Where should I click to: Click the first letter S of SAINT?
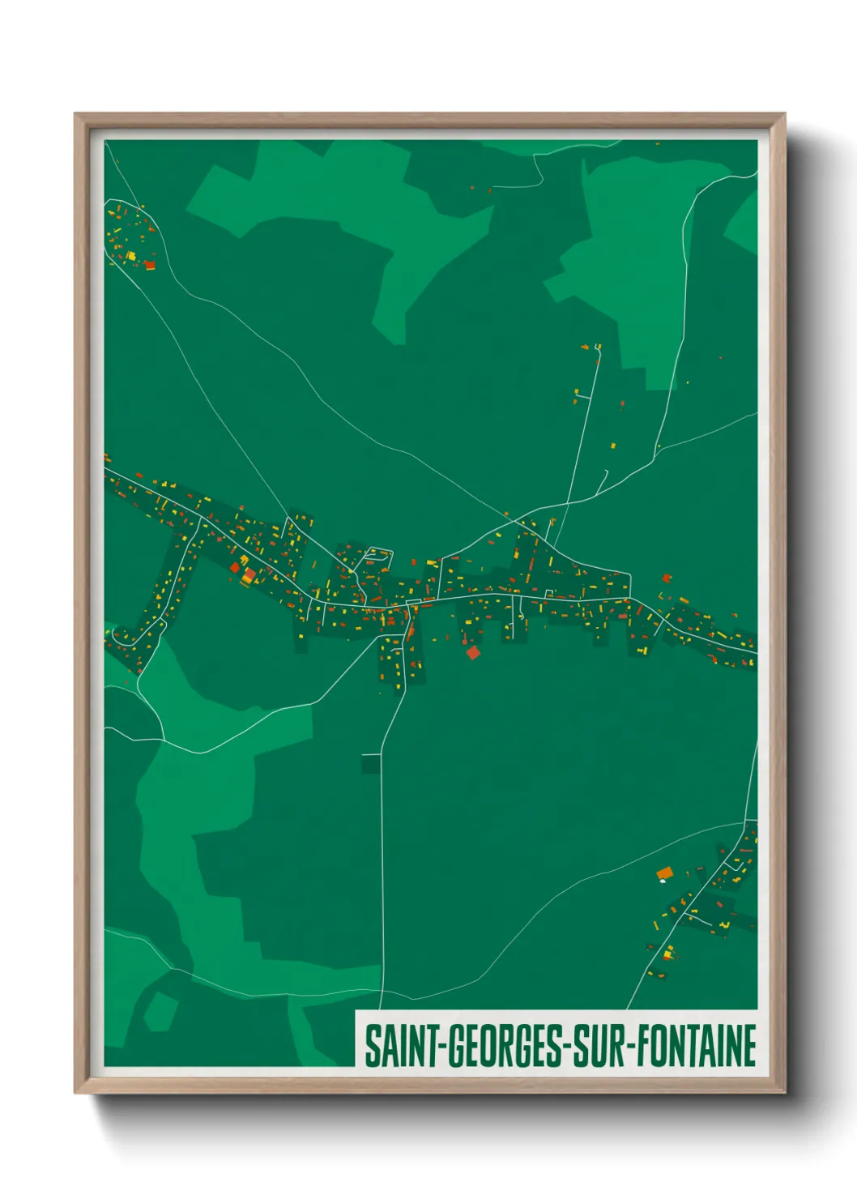(x=372, y=1046)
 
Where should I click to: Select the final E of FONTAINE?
(x=750, y=1046)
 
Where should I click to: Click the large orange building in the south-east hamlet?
(x=665, y=873)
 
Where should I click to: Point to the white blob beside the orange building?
(x=663, y=881)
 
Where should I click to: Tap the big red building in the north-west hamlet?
(x=150, y=264)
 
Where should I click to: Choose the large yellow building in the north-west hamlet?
(x=130, y=255)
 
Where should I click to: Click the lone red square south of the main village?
(x=473, y=652)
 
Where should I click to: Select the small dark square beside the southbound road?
(x=371, y=763)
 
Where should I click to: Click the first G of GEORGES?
(x=456, y=1046)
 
